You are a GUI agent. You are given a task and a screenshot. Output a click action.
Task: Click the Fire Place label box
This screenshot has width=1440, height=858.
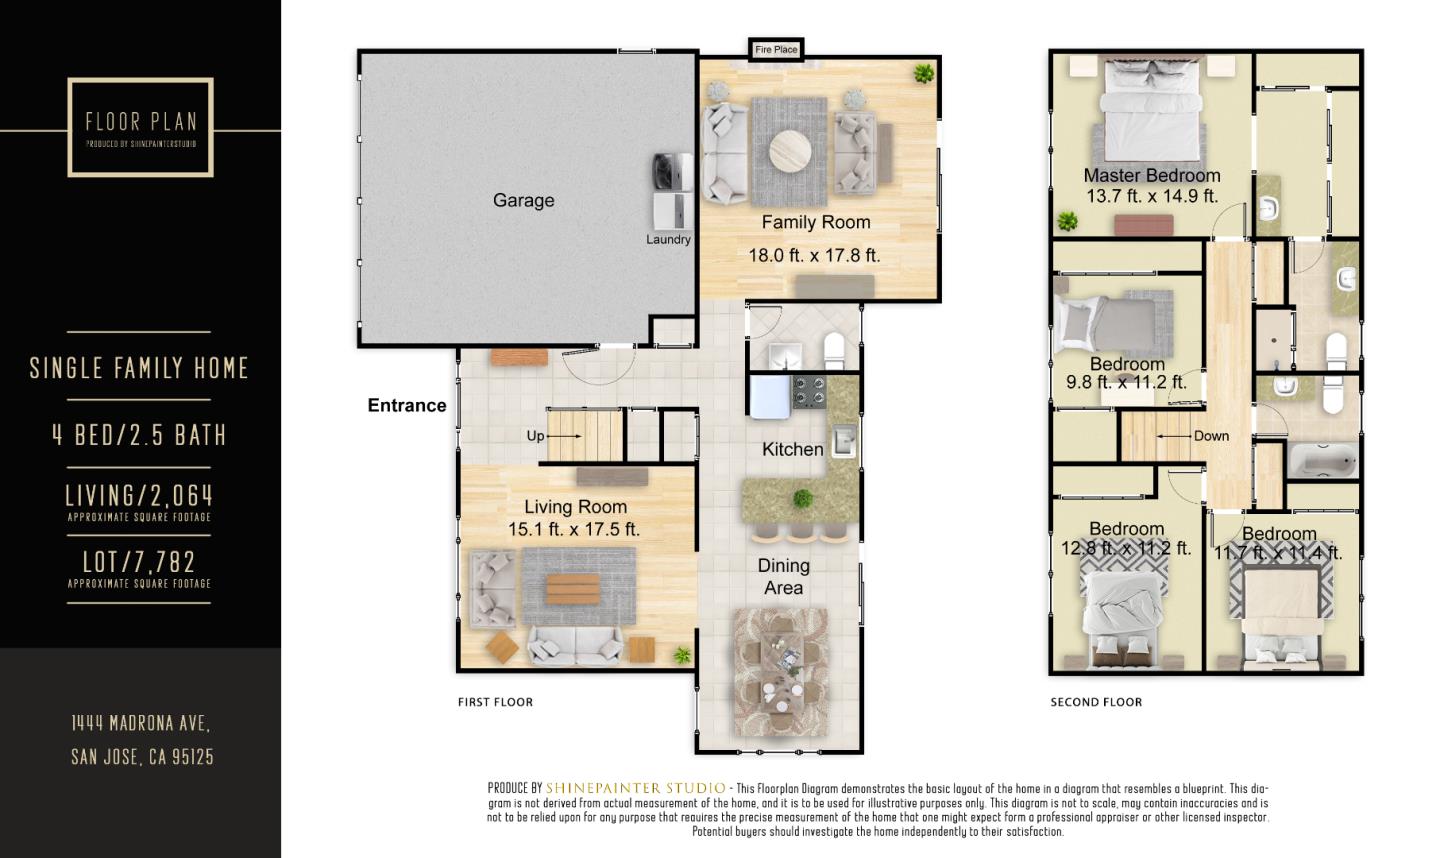[776, 49]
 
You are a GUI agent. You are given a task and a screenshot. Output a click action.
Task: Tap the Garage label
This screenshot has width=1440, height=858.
[523, 201]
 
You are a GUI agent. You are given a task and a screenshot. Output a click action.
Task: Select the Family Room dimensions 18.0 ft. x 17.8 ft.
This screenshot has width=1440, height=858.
[814, 255]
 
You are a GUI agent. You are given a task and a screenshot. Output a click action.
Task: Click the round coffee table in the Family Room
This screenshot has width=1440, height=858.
[791, 151]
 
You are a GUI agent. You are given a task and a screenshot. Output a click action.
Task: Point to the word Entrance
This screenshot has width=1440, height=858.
[407, 406]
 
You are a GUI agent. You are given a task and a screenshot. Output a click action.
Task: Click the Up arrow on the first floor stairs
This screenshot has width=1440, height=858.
[564, 436]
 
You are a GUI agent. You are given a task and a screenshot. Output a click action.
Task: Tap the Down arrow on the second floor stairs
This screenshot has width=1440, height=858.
[1173, 436]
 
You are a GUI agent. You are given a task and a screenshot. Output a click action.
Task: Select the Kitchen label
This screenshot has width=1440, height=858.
[793, 449]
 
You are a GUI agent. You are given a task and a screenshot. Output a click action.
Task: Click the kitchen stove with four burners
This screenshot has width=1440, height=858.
[809, 391]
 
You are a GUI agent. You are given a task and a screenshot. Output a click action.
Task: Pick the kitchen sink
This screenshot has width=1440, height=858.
[844, 441]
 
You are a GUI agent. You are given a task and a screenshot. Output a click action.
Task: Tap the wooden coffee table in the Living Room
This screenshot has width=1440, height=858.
[573, 589]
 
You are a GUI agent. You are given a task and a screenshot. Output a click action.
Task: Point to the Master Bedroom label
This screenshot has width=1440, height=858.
[1151, 175]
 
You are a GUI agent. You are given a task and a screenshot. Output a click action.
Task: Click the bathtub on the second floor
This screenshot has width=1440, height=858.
[1323, 461]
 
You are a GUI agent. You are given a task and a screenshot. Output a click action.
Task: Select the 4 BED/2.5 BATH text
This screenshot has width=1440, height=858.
[140, 435]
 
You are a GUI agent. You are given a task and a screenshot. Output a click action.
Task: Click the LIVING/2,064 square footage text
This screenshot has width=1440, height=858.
[140, 496]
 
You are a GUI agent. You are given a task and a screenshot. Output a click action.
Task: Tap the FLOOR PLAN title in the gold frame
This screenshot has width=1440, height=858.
[141, 121]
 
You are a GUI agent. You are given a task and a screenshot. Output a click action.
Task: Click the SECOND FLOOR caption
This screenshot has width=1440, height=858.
[1096, 702]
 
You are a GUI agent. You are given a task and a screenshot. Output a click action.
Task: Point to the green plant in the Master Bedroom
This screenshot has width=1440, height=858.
[1068, 222]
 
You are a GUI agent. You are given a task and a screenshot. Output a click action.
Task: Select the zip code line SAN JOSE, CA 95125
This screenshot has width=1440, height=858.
[142, 757]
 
